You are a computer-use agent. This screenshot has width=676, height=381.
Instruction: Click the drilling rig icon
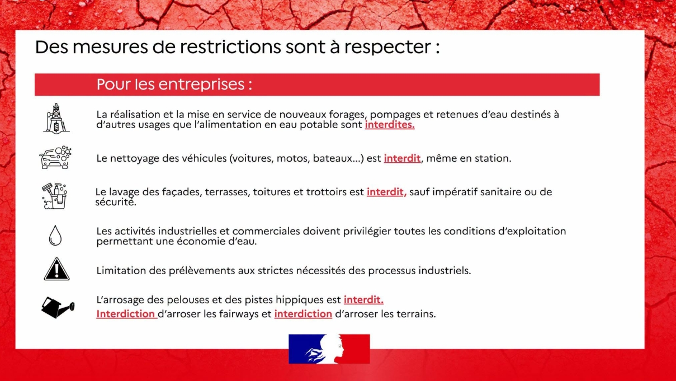pos(56,119)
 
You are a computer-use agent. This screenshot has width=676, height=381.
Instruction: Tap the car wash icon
pos(55,157)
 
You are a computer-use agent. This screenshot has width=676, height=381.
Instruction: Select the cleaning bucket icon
pos(55,196)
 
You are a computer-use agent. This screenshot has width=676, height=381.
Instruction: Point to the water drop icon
pos(55,235)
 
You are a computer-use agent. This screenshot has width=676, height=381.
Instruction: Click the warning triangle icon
pos(56,269)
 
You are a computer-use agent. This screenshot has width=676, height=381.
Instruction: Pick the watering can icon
pos(58,307)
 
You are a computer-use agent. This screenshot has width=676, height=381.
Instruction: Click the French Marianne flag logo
pos(329,349)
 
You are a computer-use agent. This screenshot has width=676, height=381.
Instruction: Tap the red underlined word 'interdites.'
pos(390,125)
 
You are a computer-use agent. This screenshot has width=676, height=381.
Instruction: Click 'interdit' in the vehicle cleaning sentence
pos(402,158)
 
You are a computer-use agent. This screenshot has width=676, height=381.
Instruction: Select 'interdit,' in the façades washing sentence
pos(386,192)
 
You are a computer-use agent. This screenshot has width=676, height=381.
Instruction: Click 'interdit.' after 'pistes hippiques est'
pos(363,300)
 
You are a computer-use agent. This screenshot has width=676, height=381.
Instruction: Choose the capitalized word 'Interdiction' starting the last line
pos(126,314)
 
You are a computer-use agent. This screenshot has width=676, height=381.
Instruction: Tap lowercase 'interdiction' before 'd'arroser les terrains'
pos(303,314)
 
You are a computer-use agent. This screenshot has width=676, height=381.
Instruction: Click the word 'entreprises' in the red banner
pos(201,84)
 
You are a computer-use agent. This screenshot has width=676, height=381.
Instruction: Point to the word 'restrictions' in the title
pos(230,47)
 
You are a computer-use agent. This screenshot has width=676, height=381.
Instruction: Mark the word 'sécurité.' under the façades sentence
pos(116,202)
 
